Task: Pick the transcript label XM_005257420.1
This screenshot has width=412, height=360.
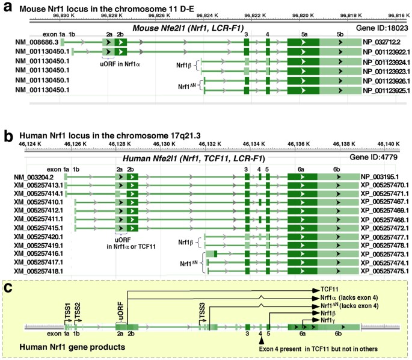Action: point(35,237)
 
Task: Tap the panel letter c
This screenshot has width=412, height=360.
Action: point(7,288)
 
